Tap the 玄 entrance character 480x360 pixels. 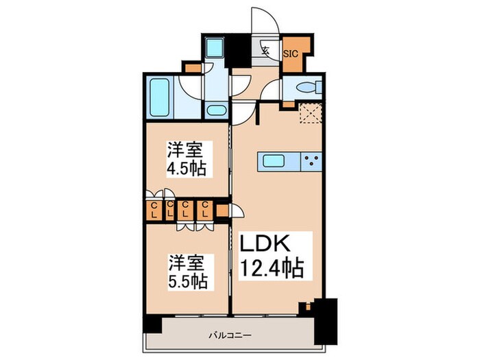pyautogui.click(x=265, y=49)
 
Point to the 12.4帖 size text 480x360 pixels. pyautogui.click(x=272, y=268)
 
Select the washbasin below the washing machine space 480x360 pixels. pyautogui.click(x=217, y=111)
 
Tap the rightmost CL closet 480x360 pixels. pyautogui.click(x=204, y=210)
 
